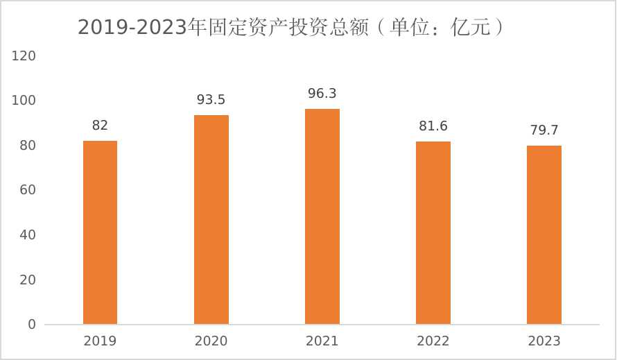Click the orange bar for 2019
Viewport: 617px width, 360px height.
pos(100,232)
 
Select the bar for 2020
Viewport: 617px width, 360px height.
pos(211,219)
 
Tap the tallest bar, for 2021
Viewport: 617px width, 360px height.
pos(322,216)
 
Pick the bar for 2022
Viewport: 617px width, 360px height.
pos(433,233)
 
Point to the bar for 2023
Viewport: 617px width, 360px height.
pos(544,235)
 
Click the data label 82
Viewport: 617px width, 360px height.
pos(100,126)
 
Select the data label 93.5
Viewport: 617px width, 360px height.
pos(211,100)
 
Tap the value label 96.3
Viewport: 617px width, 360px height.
pos(322,93)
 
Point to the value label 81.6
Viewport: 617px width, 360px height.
pos(433,126)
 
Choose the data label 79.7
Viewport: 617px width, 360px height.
pos(544,130)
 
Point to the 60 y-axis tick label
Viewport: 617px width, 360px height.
pos(27,190)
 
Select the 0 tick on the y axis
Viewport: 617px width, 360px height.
pos(31,325)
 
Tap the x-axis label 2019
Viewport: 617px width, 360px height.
pos(100,341)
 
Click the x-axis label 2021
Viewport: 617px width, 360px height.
pos(322,341)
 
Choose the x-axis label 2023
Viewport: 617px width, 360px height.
pos(544,341)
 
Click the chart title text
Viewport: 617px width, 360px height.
pos(290,27)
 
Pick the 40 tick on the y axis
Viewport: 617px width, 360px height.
pos(27,235)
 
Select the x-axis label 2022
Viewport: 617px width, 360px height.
pos(433,341)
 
